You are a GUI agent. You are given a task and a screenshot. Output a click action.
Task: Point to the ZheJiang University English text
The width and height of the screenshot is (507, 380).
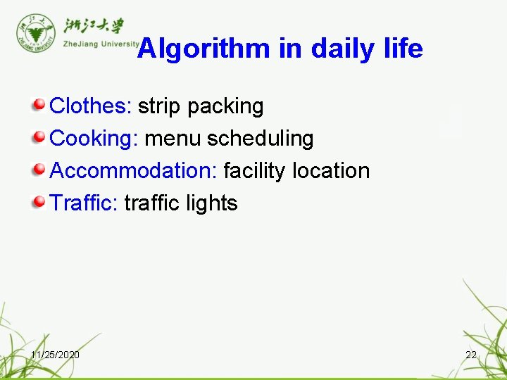pyautogui.click(x=100, y=44)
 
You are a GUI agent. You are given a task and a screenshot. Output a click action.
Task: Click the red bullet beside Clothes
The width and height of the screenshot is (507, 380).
pyautogui.click(x=39, y=106)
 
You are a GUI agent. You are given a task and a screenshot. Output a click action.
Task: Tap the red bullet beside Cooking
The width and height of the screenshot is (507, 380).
pyautogui.click(x=39, y=137)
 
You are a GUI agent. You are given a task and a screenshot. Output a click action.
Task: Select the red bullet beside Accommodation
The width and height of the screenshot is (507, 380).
pyautogui.click(x=39, y=170)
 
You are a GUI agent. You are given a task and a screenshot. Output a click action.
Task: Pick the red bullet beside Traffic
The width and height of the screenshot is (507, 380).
pyautogui.click(x=39, y=203)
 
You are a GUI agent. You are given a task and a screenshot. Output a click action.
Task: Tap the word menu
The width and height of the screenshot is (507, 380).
pyautogui.click(x=173, y=139)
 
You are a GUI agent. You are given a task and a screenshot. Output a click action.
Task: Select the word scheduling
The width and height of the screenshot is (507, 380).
pyautogui.click(x=260, y=139)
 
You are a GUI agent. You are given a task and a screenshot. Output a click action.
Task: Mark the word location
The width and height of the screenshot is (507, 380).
pyautogui.click(x=331, y=171)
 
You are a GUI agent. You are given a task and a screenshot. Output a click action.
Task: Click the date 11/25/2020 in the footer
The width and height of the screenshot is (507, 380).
pyautogui.click(x=55, y=355)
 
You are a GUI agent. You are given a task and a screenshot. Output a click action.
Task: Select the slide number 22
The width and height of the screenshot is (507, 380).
pyautogui.click(x=471, y=355)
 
